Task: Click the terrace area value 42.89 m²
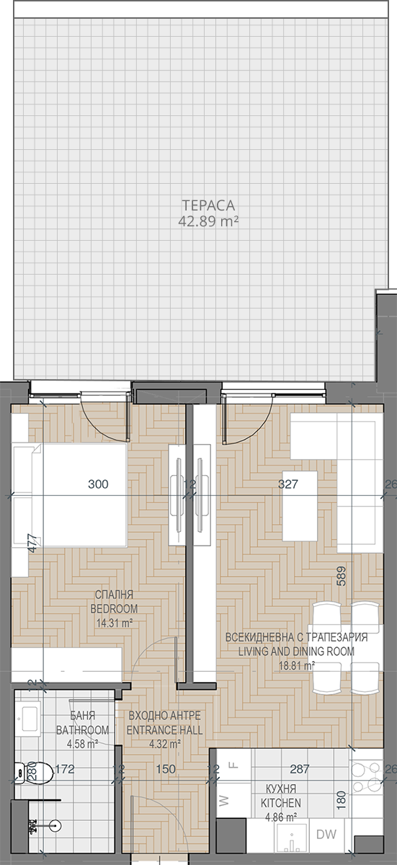tap(208, 222)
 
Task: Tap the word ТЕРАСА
tap(208, 205)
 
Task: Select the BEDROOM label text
tap(114, 608)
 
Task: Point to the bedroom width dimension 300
tap(99, 484)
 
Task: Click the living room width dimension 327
tap(288, 484)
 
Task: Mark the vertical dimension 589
tap(341, 576)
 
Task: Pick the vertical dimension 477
tap(33, 543)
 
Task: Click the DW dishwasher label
tap(326, 842)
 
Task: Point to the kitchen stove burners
tap(366, 772)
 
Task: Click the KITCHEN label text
tap(280, 803)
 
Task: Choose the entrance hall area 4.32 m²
tap(165, 744)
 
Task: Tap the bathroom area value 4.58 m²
tap(82, 744)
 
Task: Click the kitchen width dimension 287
tap(300, 768)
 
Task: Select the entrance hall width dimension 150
tap(166, 768)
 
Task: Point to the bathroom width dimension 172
tap(64, 768)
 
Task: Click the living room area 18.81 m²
tap(296, 665)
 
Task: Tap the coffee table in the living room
tap(300, 506)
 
